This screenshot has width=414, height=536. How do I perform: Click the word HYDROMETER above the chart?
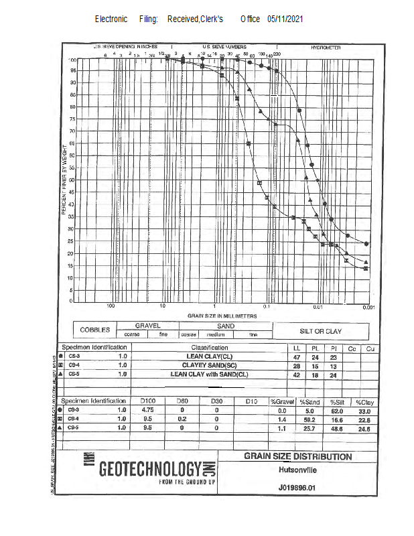pyautogui.click(x=326, y=48)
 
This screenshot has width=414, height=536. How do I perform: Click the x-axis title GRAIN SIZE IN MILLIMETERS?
pyautogui.click(x=222, y=315)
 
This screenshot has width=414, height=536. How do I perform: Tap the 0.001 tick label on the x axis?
pyautogui.click(x=367, y=306)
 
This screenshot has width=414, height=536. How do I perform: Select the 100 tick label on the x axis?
pyautogui.click(x=111, y=306)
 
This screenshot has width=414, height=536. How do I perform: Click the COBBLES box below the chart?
pyautogui.click(x=94, y=330)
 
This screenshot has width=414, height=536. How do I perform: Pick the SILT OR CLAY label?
pyautogui.click(x=320, y=331)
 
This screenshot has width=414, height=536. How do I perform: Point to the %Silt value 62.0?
pyautogui.click(x=338, y=409)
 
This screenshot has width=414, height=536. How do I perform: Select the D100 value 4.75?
pyautogui.click(x=148, y=409)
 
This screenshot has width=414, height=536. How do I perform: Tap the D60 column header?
pyautogui.click(x=182, y=401)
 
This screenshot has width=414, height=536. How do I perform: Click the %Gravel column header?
pyautogui.click(x=282, y=401)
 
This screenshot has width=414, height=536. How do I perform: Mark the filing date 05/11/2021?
pyautogui.click(x=285, y=19)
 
